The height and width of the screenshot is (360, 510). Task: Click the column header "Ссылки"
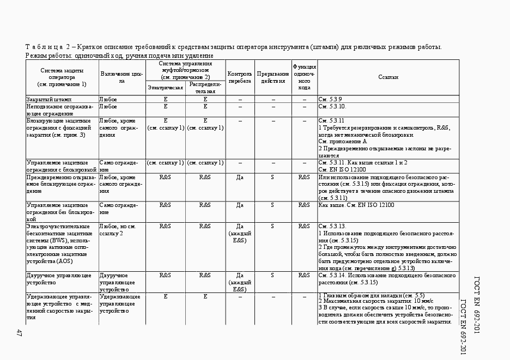click(x=388, y=77)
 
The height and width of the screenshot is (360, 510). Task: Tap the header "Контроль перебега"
click(x=240, y=77)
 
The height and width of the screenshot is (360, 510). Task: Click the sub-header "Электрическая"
click(x=166, y=88)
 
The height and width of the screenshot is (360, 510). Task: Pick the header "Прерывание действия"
click(x=272, y=77)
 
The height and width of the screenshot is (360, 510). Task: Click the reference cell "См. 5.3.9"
click(x=330, y=99)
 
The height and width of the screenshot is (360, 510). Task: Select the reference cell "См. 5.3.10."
click(x=332, y=106)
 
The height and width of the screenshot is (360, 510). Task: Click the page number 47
click(x=19, y=333)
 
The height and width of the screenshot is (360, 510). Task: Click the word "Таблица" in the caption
click(x=47, y=47)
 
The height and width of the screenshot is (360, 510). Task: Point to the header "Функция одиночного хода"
click(x=304, y=77)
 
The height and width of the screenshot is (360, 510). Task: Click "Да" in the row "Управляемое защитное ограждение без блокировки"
click(x=240, y=205)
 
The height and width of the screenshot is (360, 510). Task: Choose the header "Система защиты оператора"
click(x=62, y=77)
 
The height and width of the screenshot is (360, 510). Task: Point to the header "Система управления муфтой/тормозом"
click(x=186, y=70)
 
